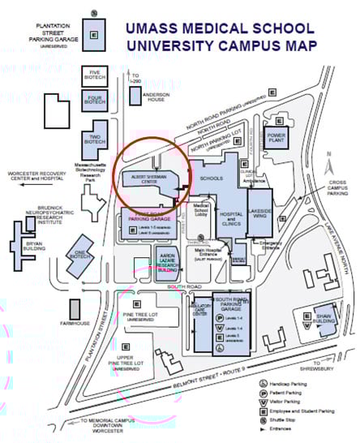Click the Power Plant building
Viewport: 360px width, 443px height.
click(x=277, y=136)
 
